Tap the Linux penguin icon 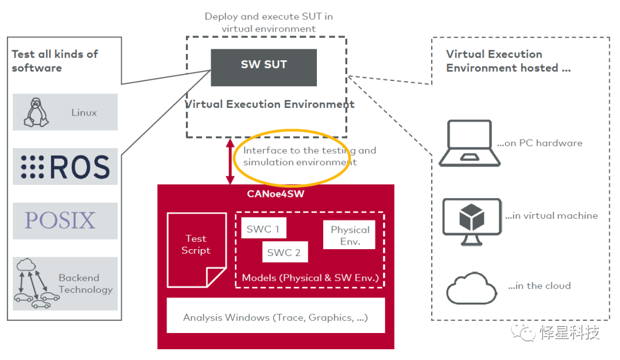pos(36,112)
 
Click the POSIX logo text pos(60,220)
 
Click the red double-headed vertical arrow pos(230,161)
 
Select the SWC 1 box pos(263,228)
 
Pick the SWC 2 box pos(284,252)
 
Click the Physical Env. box pos(350,235)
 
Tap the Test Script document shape pos(196,249)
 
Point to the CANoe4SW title pos(276,193)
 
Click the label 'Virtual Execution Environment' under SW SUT pos(270,104)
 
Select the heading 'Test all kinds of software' pos(55,61)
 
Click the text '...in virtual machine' pos(552,216)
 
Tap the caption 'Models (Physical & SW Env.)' pos(310,278)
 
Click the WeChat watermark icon pos(524,332)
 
